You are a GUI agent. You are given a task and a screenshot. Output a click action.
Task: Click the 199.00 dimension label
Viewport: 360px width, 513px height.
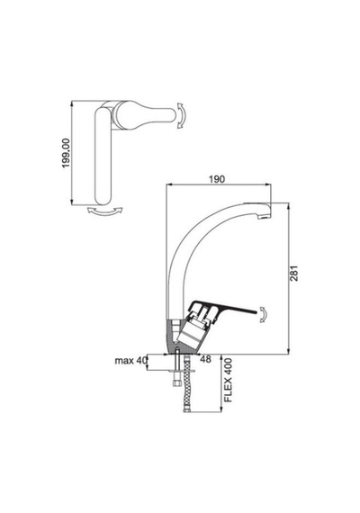[x=67, y=153]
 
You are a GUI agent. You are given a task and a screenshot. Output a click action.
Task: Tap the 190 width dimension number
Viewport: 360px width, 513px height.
[x=217, y=179]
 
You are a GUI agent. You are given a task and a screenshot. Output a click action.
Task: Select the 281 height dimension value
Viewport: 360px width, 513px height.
[x=294, y=273]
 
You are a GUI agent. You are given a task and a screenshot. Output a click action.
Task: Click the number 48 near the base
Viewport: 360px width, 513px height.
[x=205, y=359]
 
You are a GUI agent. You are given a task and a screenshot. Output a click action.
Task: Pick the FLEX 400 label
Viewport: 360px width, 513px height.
[x=228, y=380]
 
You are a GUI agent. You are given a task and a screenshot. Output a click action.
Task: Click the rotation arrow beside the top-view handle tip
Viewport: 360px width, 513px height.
[x=181, y=115]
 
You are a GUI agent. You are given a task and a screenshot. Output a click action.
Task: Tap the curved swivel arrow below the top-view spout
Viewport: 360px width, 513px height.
[x=105, y=211]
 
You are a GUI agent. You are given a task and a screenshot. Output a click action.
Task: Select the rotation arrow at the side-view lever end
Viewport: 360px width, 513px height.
[x=264, y=314]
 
